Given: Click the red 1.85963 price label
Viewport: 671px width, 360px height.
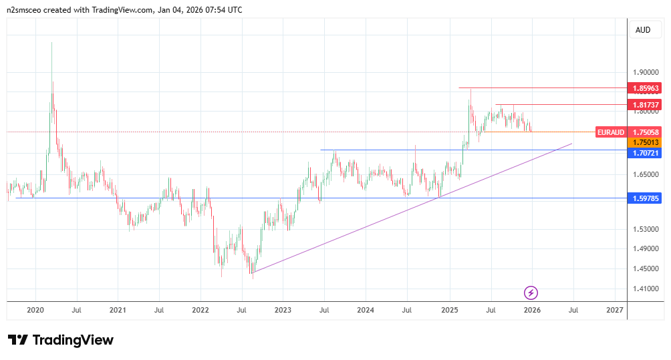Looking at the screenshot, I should [646, 88].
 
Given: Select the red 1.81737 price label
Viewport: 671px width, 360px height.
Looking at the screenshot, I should [646, 105].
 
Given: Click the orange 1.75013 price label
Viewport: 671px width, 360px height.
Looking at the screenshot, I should [646, 142].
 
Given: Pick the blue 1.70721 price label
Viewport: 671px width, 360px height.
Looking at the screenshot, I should [646, 153].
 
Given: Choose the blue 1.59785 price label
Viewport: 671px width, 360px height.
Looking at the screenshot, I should [646, 198].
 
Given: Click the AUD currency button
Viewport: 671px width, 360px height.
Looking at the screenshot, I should [643, 29].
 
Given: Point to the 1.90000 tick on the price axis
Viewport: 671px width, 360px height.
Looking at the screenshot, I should [645, 73].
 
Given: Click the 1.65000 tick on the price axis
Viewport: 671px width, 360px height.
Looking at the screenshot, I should [645, 175].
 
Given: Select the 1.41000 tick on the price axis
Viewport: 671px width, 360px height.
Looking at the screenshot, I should [645, 289].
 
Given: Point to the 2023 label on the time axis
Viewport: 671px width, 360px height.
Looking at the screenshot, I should [282, 311].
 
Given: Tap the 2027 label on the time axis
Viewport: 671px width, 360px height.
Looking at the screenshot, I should [614, 311].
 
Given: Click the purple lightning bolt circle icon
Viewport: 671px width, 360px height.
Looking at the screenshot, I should [531, 293].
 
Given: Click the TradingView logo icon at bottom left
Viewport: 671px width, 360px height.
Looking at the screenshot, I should [18, 340].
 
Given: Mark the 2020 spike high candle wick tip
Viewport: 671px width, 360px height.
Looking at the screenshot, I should [52, 42].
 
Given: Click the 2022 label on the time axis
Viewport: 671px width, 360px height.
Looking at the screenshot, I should [200, 311].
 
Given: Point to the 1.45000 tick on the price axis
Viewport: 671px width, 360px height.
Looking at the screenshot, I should [645, 269].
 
